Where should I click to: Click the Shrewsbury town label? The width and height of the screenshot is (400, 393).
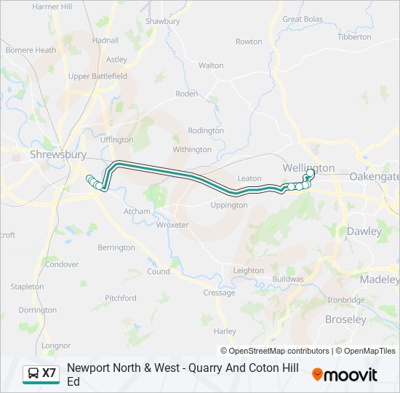point(58,154)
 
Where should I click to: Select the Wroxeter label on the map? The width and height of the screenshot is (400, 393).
point(172,225)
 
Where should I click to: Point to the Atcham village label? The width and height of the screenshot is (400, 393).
point(137,212)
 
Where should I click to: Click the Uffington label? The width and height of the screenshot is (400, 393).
point(116,140)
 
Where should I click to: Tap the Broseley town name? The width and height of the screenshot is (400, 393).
point(345,319)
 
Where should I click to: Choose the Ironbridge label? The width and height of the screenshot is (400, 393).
point(345,300)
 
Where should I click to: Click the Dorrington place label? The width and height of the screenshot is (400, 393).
point(37,310)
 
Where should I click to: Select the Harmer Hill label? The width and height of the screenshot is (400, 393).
point(52,7)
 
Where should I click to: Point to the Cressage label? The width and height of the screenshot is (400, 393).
point(219,293)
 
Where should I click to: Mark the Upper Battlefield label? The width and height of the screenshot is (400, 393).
point(97,76)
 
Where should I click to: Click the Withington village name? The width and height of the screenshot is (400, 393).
point(191,149)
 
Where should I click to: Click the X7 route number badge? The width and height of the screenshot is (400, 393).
point(49,373)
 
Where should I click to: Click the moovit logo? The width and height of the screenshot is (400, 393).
point(345,374)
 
